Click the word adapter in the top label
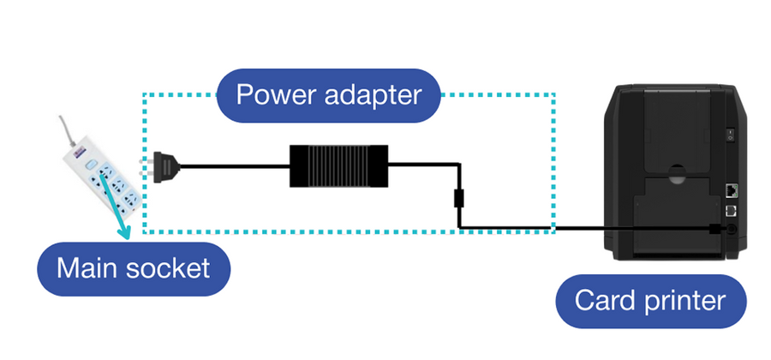pyautogui.click(x=374, y=95)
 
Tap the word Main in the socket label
pyautogui.click(x=87, y=268)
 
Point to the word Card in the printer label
pyautogui.click(x=603, y=301)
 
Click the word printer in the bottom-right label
pyautogui.click(x=683, y=302)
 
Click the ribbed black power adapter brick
pyautogui.click(x=338, y=165)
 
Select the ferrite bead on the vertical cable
pyautogui.click(x=458, y=198)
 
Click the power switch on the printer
pyautogui.click(x=731, y=135)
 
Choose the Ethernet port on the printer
pyautogui.click(x=732, y=189)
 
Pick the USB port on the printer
pyautogui.click(x=732, y=211)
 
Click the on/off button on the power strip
pyautogui.click(x=89, y=165)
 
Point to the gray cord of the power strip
pyautogui.click(x=66, y=129)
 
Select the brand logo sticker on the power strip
pyautogui.click(x=77, y=155)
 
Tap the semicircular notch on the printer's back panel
pyautogui.click(x=677, y=174)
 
